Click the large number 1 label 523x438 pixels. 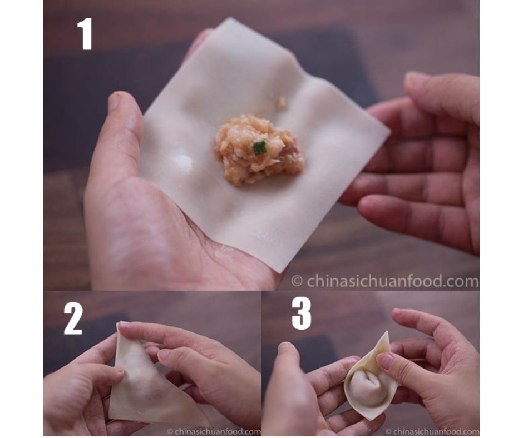(x=85, y=34)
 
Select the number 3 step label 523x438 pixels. (x=300, y=315)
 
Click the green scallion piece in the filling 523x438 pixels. (x=260, y=148)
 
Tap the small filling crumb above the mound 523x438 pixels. (x=282, y=103)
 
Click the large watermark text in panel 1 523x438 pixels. (x=385, y=281)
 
